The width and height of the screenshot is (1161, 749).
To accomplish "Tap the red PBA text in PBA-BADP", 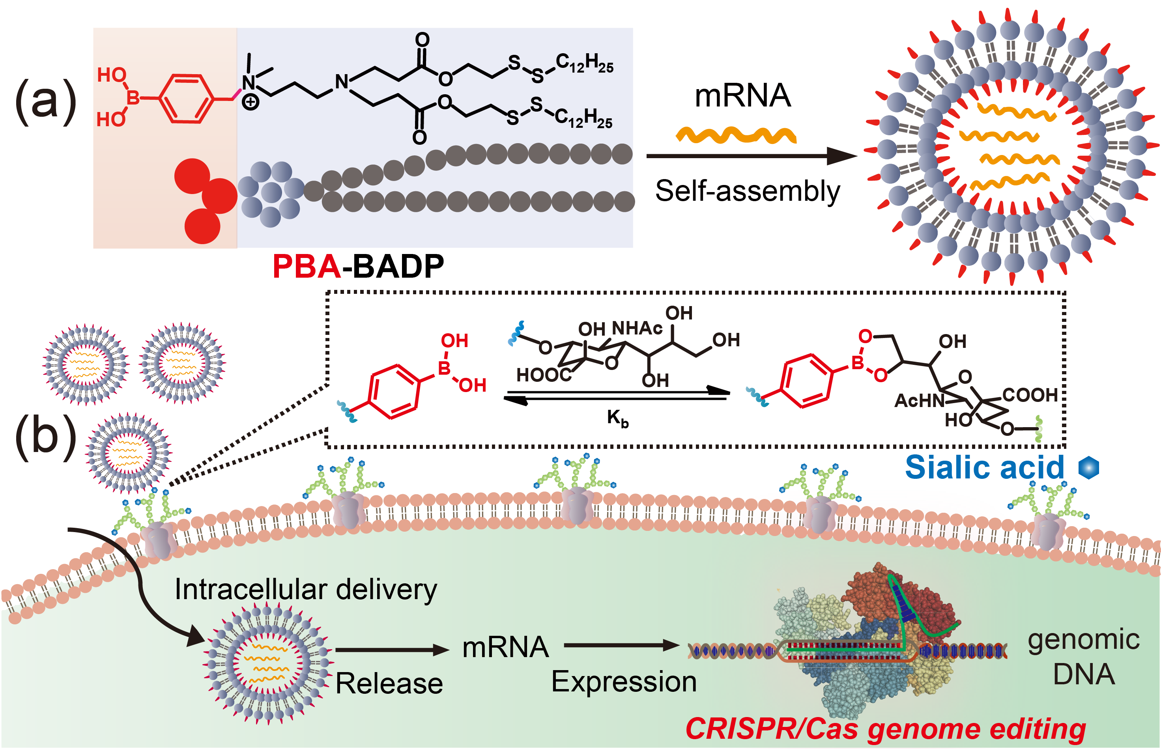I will [307, 267].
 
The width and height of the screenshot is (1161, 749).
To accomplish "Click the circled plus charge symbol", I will [251, 102].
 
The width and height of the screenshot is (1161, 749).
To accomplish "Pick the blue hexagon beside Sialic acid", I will [1088, 467].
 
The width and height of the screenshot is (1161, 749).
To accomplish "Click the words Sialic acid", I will [984, 467].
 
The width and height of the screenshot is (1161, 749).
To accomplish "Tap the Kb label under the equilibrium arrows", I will [618, 418].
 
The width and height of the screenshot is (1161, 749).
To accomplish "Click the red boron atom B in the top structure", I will [133, 97].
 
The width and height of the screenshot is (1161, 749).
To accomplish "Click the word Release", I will [389, 684].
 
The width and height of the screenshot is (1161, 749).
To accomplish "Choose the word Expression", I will [624, 682].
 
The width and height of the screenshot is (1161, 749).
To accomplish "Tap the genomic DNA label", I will [1084, 657].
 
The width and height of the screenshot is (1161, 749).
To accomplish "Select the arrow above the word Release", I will [392, 650].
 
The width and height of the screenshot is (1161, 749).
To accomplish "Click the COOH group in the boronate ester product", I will [1030, 395].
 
